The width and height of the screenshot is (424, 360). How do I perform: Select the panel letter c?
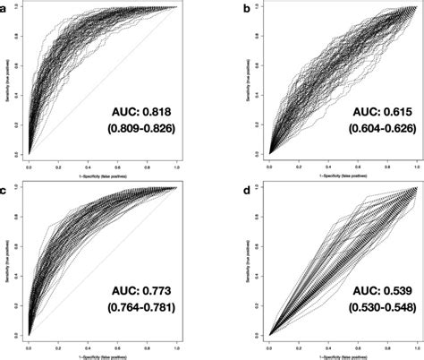coord(4,191)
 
